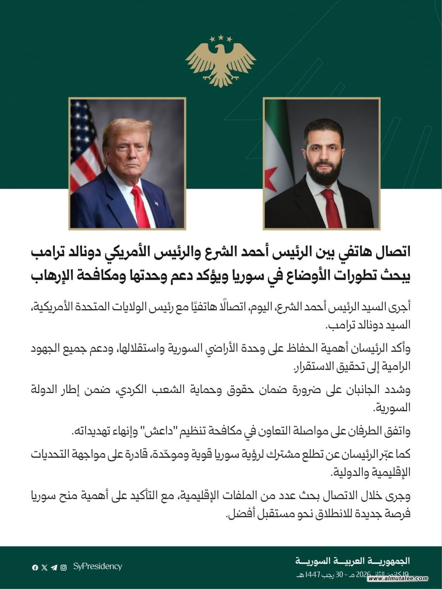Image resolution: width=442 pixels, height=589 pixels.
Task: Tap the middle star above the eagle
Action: click(x=221, y=37)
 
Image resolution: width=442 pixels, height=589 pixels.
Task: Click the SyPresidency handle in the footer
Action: click(x=98, y=566)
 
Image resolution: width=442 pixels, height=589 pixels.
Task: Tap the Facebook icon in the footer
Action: click(x=35, y=567)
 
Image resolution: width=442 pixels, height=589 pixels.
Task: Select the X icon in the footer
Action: click(x=44, y=567)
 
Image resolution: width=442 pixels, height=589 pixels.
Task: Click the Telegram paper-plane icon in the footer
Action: click(x=54, y=567)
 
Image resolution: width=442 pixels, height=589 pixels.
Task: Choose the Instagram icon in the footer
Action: click(x=64, y=567)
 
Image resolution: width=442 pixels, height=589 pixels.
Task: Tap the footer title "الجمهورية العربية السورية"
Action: click(x=352, y=561)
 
